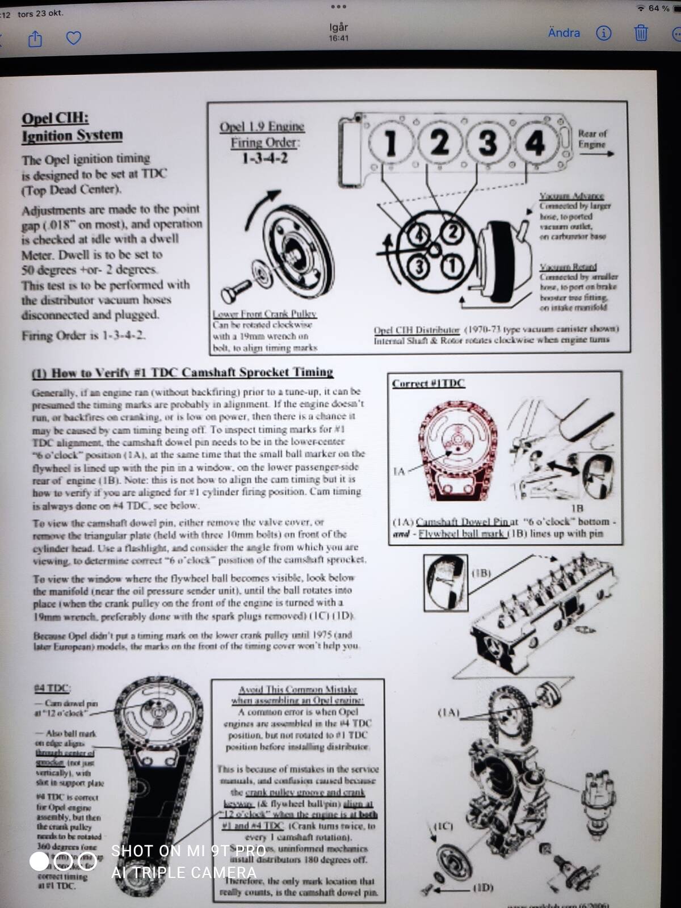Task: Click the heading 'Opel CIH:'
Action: click(55, 119)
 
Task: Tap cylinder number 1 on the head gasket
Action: click(390, 142)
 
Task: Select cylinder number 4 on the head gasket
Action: click(535, 142)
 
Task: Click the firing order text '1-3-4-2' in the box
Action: click(264, 158)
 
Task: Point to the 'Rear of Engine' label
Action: click(592, 139)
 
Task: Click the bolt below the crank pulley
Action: click(236, 290)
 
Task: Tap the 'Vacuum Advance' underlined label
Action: click(571, 196)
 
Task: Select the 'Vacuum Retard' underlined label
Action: click(568, 267)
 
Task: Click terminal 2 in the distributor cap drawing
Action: click(452, 232)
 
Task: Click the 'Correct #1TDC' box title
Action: click(428, 383)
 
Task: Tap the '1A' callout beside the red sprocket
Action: click(399, 471)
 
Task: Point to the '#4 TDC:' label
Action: click(52, 688)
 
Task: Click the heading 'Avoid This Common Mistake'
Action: click(297, 690)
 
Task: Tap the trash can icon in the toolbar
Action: click(641, 33)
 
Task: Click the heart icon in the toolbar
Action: click(74, 38)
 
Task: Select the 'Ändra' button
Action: click(564, 33)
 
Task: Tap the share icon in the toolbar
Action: click(35, 39)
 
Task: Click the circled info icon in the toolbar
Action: click(604, 33)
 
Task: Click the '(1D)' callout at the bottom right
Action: click(482, 887)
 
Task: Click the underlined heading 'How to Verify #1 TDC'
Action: click(182, 373)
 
